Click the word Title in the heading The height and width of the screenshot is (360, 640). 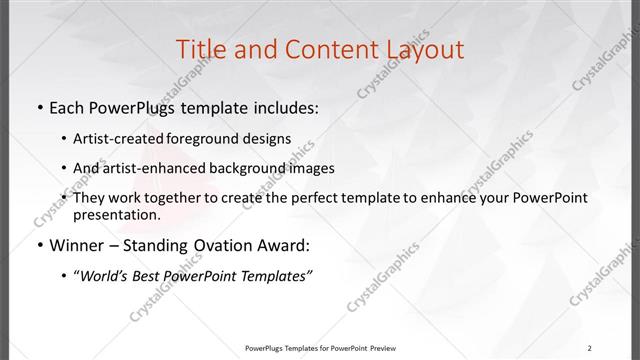pyautogui.click(x=200, y=49)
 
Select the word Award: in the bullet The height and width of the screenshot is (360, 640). pyautogui.click(x=283, y=245)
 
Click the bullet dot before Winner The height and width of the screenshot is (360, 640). pyautogui.click(x=38, y=245)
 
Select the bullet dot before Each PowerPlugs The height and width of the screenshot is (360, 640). pyautogui.click(x=38, y=108)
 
